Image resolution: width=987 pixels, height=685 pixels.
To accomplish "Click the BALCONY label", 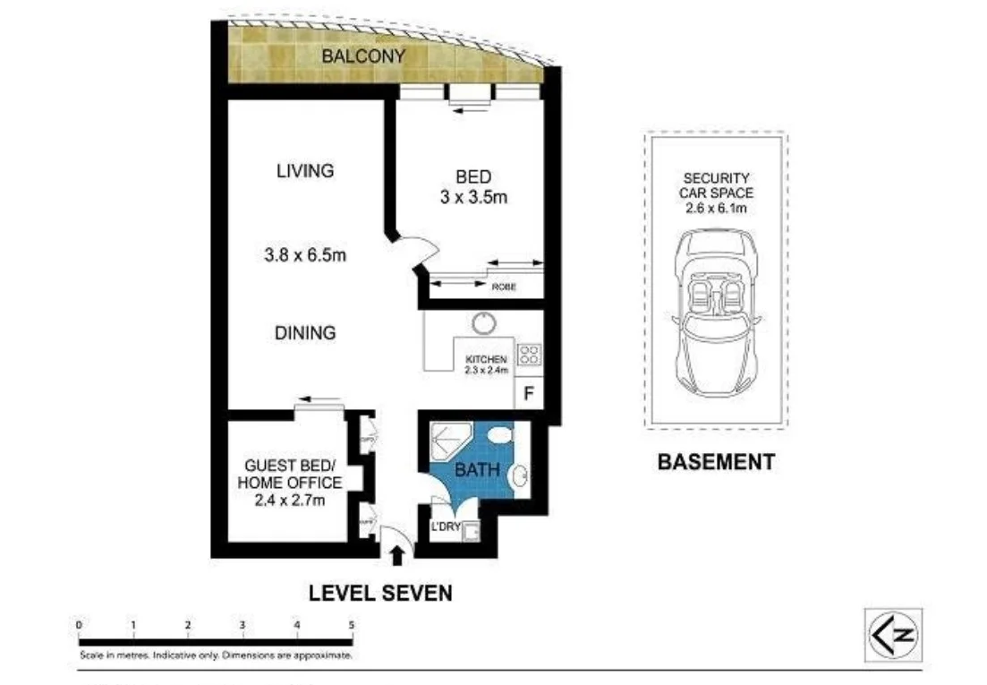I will tap(363, 56).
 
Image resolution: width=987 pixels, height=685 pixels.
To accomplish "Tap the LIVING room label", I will tap(304, 170).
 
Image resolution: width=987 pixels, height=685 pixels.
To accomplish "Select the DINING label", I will tap(305, 332).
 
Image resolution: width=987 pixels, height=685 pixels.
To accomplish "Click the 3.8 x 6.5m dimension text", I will tap(304, 256).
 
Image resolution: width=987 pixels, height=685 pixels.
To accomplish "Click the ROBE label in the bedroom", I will tap(502, 287).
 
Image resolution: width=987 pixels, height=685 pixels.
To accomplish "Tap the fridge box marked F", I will tap(528, 393).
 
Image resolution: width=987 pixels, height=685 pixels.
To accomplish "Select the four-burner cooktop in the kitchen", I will tap(529, 353).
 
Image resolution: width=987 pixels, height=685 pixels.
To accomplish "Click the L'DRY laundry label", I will tap(446, 527).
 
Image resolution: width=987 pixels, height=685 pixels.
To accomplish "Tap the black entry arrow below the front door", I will tap(396, 558).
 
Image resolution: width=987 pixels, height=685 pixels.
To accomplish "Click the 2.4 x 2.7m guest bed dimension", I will tap(289, 500).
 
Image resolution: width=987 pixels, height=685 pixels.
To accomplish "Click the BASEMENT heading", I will tap(715, 462).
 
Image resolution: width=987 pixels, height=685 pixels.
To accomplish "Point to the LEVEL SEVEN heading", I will tap(380, 593).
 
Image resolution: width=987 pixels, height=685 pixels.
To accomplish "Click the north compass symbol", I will tap(891, 635).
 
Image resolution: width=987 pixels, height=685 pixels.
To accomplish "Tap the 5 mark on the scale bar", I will tap(352, 625).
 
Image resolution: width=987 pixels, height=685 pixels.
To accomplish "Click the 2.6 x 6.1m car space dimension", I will tap(716, 209).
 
